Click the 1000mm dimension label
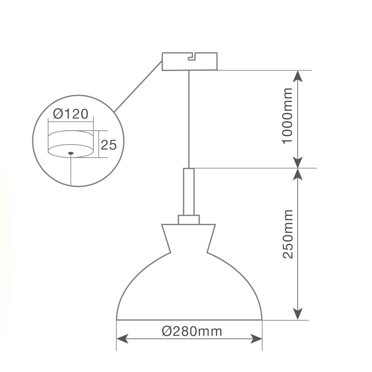[287, 116]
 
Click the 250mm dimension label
[287, 234]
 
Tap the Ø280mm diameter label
[192, 331]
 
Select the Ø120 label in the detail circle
[71, 113]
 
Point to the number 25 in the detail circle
[109, 145]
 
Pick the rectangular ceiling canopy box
[190, 61]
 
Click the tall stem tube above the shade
[189, 192]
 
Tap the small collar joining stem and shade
[189, 219]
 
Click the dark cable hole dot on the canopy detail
[71, 153]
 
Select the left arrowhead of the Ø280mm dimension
[122, 339]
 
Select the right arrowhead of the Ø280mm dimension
[257, 339]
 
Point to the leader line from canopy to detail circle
[138, 86]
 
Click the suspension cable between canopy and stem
[189, 120]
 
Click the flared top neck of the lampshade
[189, 238]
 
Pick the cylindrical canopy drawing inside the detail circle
[71, 144]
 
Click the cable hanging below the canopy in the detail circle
[71, 170]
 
